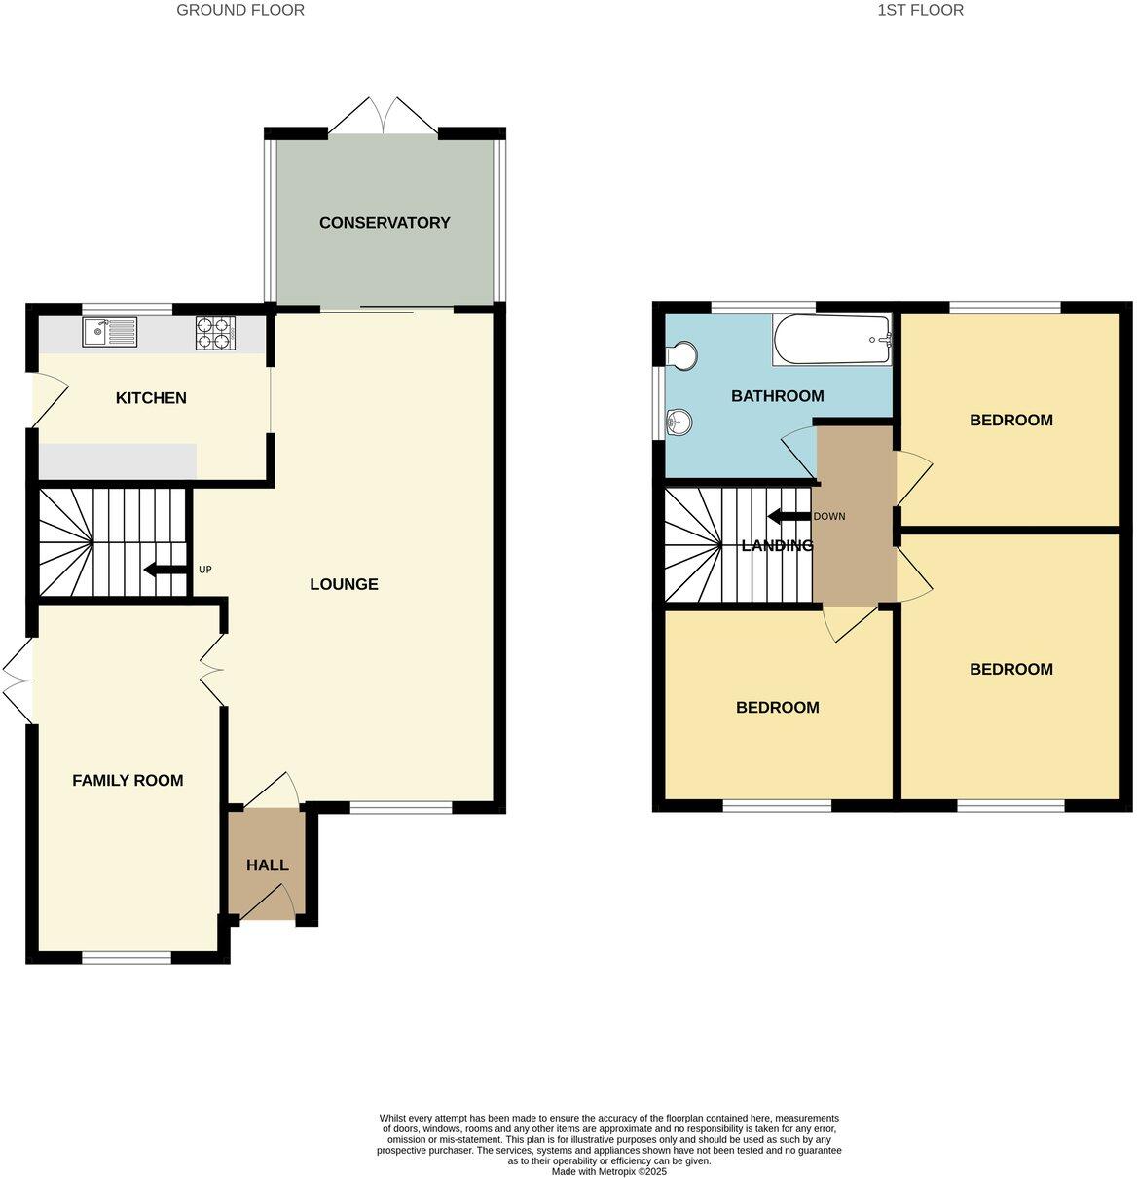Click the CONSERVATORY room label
point(385,223)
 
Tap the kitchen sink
point(111,333)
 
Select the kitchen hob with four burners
point(216,333)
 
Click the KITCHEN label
point(151,398)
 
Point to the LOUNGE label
point(344,584)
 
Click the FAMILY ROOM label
point(128,780)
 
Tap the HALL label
point(267,865)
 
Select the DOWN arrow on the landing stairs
point(789,516)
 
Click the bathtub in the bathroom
point(831,340)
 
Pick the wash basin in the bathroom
point(679,422)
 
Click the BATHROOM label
point(777,396)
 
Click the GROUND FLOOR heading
point(240,10)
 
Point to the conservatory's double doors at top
point(384,115)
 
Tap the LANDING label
point(777,545)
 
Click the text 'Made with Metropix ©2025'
point(609,1171)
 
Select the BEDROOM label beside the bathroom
point(1010,421)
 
